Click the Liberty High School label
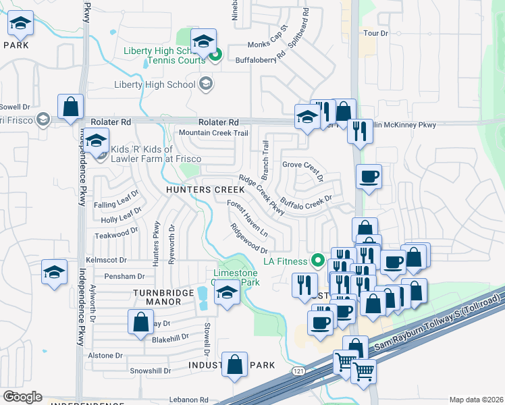(155, 84)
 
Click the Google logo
(22, 397)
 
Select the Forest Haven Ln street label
(248, 218)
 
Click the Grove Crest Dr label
(303, 169)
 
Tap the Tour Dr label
(376, 33)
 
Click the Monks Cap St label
(267, 40)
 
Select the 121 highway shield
(297, 371)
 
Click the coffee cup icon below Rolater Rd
(369, 177)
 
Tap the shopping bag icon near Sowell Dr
(70, 107)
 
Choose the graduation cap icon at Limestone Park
(226, 293)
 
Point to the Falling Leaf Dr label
(116, 200)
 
